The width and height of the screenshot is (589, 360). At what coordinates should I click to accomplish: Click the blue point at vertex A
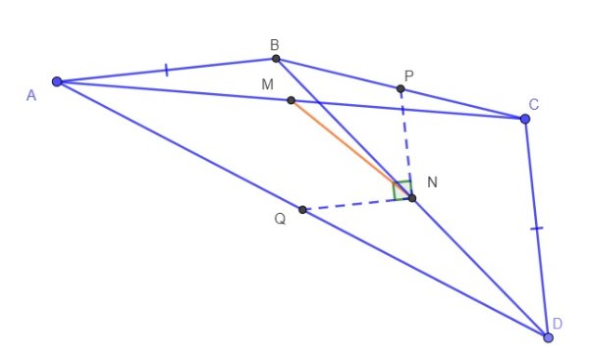[x=57, y=81]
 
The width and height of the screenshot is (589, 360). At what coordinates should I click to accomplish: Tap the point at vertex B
[x=276, y=59]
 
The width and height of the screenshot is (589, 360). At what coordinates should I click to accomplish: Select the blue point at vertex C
[x=525, y=119]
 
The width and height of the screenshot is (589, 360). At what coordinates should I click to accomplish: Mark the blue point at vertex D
[x=548, y=337]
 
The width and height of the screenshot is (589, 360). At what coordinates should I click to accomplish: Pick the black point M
[x=291, y=100]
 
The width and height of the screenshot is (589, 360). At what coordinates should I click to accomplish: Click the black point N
[x=412, y=198]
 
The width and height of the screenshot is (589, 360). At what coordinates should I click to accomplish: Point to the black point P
[x=401, y=89]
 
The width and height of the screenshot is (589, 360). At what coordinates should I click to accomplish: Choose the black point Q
[x=302, y=210]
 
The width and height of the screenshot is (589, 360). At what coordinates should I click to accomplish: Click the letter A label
[x=31, y=94]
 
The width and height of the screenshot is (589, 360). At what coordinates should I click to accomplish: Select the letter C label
[x=533, y=104]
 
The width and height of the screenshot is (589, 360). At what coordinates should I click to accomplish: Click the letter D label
[x=558, y=324]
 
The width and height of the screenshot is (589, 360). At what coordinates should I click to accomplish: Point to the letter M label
[x=266, y=85]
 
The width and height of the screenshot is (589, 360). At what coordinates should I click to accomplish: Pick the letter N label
[x=432, y=183]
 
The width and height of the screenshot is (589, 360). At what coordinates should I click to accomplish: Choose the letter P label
[x=409, y=75]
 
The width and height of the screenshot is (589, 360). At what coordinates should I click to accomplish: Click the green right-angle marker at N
[x=402, y=189]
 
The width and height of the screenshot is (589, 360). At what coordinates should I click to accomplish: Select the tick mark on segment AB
[x=167, y=70]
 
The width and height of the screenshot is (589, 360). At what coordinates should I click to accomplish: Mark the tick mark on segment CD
[x=536, y=229]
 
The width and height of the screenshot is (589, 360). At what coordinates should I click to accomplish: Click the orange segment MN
[x=351, y=149]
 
